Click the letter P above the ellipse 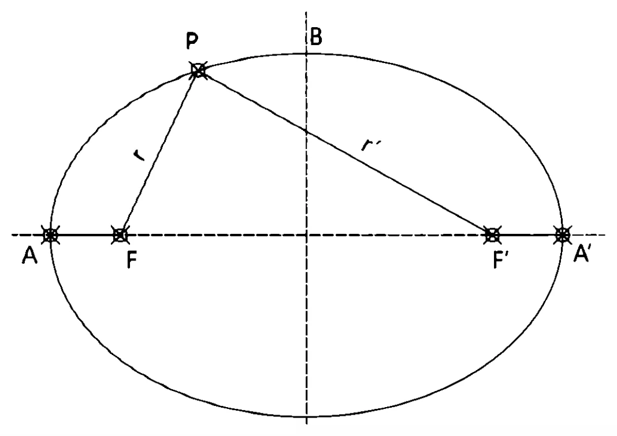(x=192, y=42)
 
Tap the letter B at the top (x=317, y=36)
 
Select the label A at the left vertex (x=29, y=256)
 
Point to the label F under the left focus (x=132, y=260)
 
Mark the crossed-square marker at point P (x=198, y=70)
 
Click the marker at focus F (x=120, y=235)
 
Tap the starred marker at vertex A (x=50, y=235)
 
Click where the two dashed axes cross (x=307, y=235)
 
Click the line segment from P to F (x=159, y=153)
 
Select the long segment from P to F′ (x=345, y=153)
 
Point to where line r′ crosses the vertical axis (x=307, y=131)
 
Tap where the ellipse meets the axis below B (x=307, y=54)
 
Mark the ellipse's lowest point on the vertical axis (x=307, y=416)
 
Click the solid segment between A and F (x=85, y=235)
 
